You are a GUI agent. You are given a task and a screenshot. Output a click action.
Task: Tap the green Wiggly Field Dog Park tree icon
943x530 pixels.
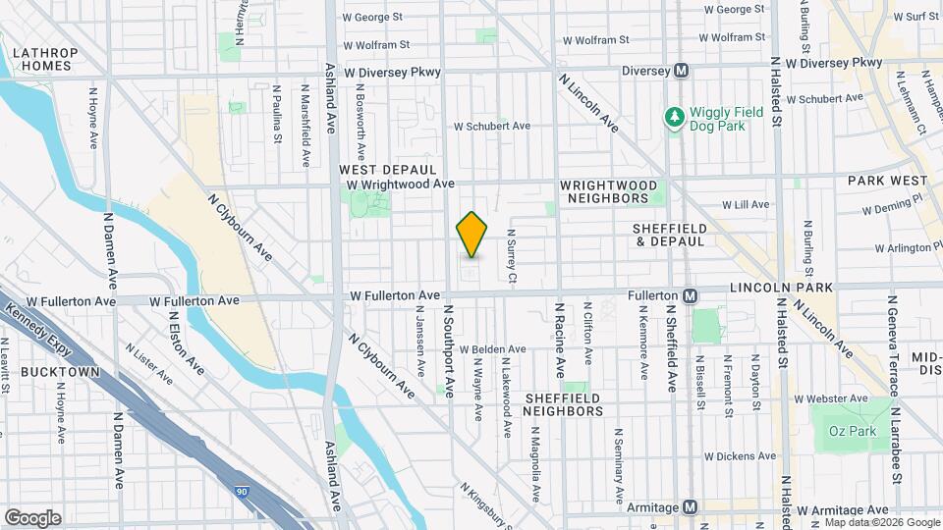pos(675,118)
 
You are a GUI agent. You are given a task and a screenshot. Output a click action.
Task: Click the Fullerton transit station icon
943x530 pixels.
pos(691,295)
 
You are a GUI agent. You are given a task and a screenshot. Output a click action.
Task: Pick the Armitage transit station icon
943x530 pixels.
pos(691,507)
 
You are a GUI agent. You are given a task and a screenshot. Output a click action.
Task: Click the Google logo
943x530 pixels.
pos(32,518)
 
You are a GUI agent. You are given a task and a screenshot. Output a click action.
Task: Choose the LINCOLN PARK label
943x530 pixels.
pos(781,288)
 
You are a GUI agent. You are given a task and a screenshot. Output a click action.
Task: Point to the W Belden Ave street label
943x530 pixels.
pos(492,348)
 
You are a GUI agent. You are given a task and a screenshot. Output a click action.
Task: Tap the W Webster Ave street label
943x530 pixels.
pos(831,398)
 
